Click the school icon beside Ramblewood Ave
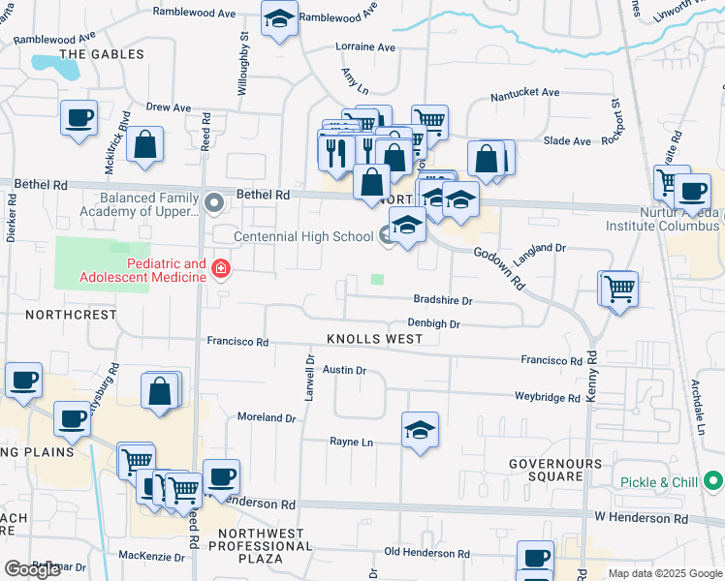coord(279,18)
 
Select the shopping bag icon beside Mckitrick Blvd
coord(144,145)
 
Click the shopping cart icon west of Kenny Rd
coord(618,289)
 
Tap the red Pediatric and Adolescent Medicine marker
coord(221,268)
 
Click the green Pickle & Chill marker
coord(713,480)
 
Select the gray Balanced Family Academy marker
coord(215,202)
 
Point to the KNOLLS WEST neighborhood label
coord(374,339)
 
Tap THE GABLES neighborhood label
coord(102,54)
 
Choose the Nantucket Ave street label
coord(524,93)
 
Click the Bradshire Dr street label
coord(442,301)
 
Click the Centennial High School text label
coord(302,236)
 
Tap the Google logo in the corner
coord(33,569)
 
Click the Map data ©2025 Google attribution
coord(664,573)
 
